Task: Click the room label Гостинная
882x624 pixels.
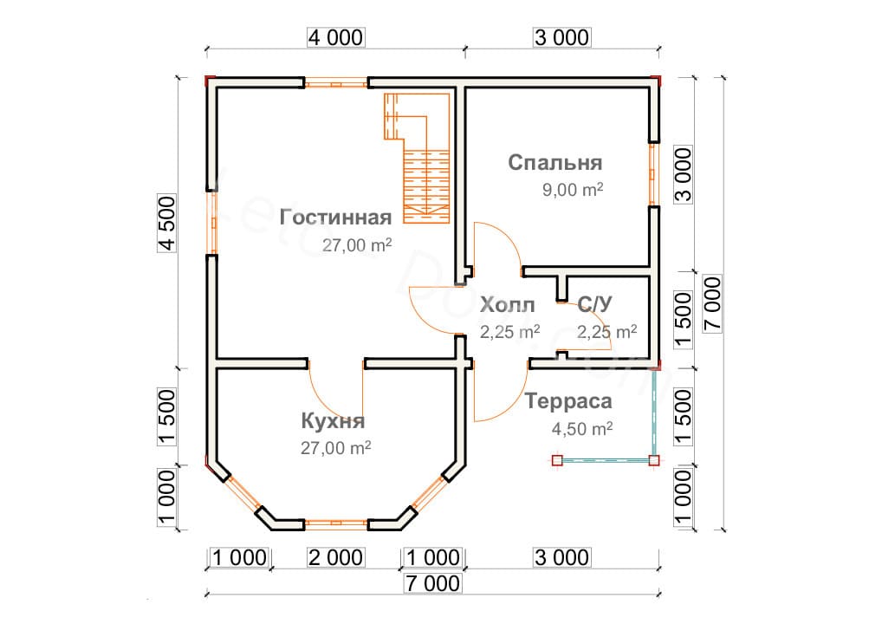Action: pyautogui.click(x=336, y=217)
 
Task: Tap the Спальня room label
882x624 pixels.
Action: pyautogui.click(x=554, y=163)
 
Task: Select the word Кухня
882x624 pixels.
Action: pyautogui.click(x=333, y=422)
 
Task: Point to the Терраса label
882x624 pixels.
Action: pyautogui.click(x=568, y=402)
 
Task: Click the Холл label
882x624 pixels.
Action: pyautogui.click(x=507, y=305)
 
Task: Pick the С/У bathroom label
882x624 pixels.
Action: pyautogui.click(x=596, y=304)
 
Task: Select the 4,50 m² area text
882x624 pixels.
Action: pyautogui.click(x=582, y=428)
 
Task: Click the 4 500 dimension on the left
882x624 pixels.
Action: pyautogui.click(x=166, y=224)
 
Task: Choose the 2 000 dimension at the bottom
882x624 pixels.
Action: pyautogui.click(x=334, y=557)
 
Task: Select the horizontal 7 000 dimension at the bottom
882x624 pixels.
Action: pyautogui.click(x=431, y=583)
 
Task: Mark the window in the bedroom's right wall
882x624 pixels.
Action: pyautogui.click(x=654, y=174)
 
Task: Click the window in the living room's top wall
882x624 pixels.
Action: pyautogui.click(x=336, y=83)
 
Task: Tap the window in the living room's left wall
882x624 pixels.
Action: pyautogui.click(x=211, y=222)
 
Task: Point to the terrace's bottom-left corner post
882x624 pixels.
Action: pyautogui.click(x=556, y=460)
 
